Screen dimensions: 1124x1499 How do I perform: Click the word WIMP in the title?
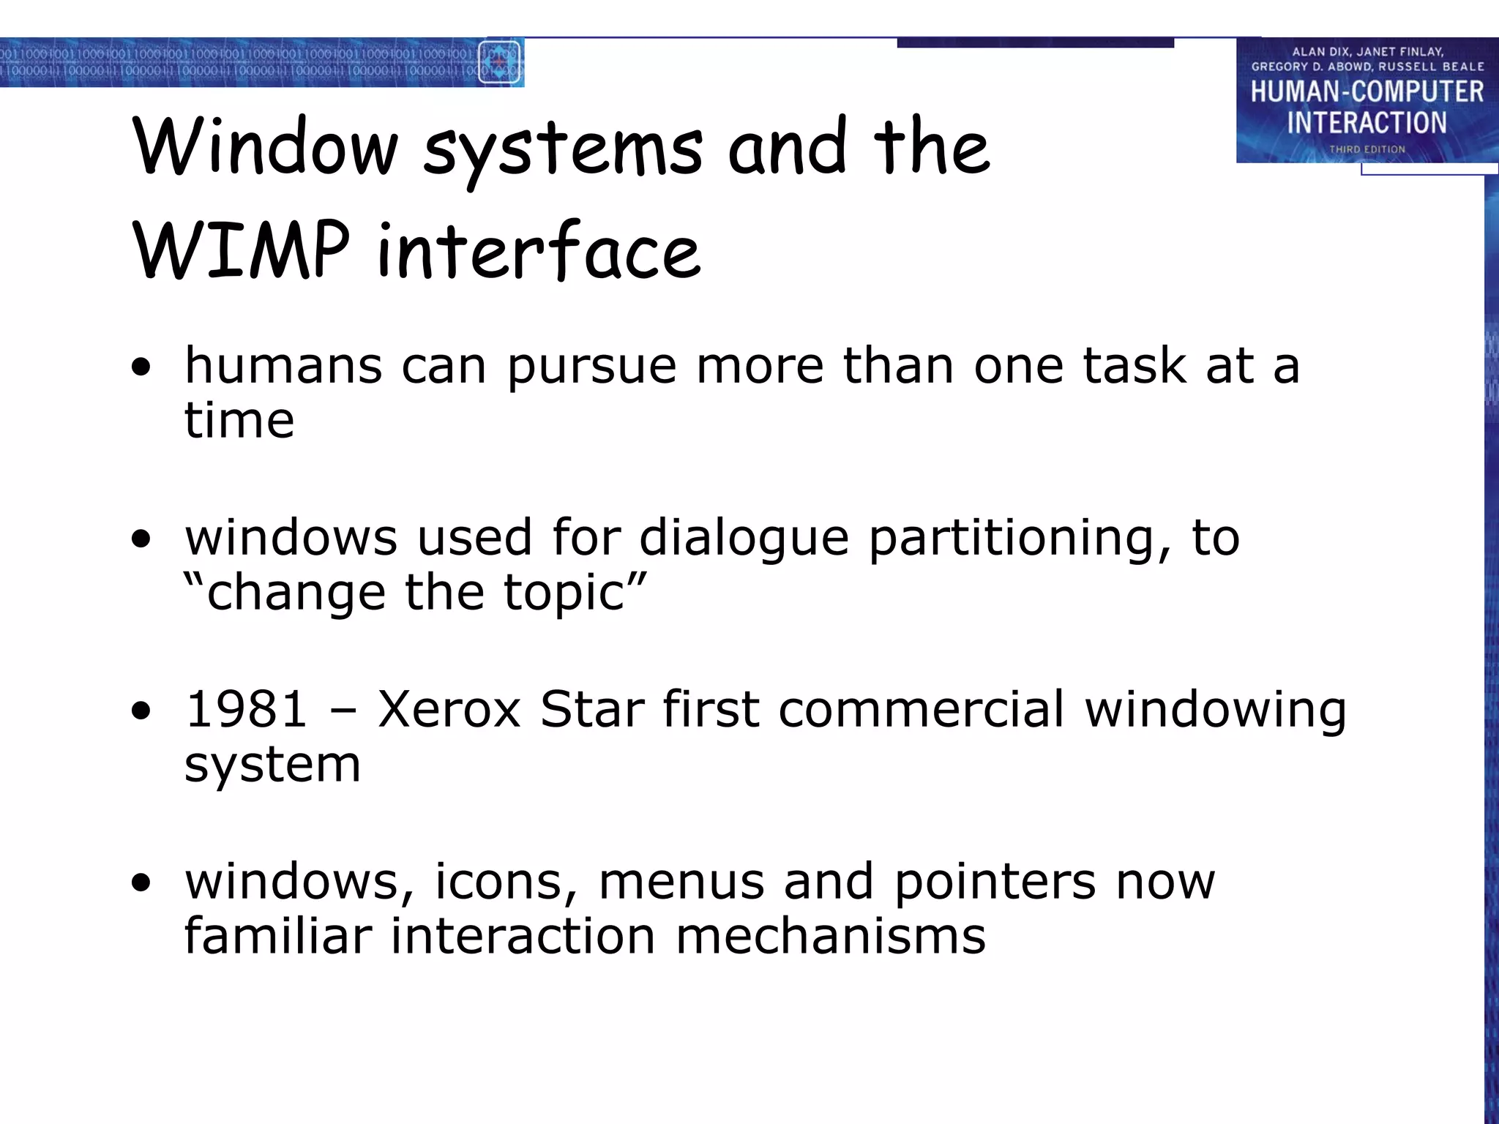242,250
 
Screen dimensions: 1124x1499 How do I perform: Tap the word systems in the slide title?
563,149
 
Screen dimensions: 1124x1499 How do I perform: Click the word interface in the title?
539,250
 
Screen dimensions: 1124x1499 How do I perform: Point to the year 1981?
246,709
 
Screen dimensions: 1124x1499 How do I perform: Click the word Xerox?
449,709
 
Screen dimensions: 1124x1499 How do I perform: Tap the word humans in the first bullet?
283,365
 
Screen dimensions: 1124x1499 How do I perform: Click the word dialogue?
744,537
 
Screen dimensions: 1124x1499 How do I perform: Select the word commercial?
921,709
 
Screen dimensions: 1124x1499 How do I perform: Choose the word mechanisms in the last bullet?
830,936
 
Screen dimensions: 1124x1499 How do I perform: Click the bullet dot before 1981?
141,711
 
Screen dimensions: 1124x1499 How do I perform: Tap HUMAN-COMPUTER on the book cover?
1367,91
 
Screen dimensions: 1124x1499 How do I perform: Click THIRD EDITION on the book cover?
1367,149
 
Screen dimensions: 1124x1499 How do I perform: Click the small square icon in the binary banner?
499,62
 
